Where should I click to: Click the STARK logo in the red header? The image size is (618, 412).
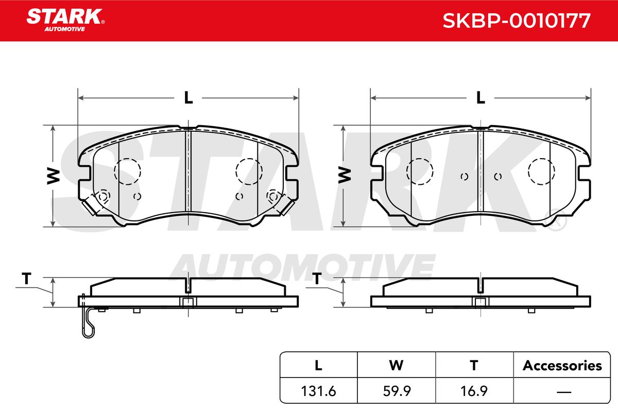65,20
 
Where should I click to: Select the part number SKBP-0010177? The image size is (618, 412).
517,21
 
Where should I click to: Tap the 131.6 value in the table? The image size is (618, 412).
318,391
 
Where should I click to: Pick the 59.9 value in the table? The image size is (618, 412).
397,391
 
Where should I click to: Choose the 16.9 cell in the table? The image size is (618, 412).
474,391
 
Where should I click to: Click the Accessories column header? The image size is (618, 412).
562,366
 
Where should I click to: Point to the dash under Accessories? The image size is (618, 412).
564,391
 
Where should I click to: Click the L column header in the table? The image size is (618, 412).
318,366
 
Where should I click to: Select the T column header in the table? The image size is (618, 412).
474,366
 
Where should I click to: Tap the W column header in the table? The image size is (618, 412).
397,366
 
